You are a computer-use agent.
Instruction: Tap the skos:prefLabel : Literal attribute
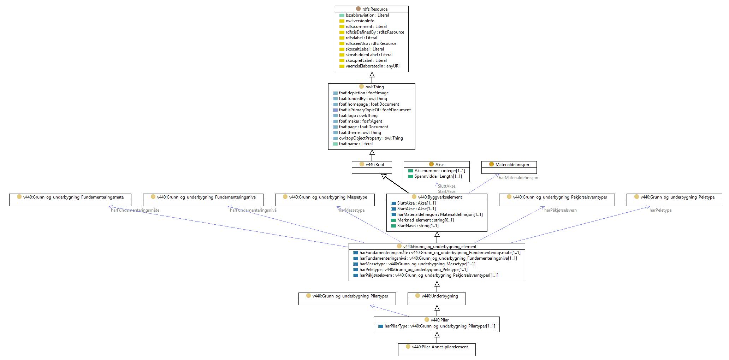tap(366, 60)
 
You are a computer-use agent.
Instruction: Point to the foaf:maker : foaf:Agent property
tap(360, 121)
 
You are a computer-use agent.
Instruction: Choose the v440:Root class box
tap(372, 167)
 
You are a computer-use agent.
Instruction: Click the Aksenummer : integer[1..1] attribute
tap(439, 171)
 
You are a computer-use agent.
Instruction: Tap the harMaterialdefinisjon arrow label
tap(518, 178)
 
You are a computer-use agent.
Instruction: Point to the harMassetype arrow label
tap(351, 210)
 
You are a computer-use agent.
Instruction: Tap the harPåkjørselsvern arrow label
tap(561, 210)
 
